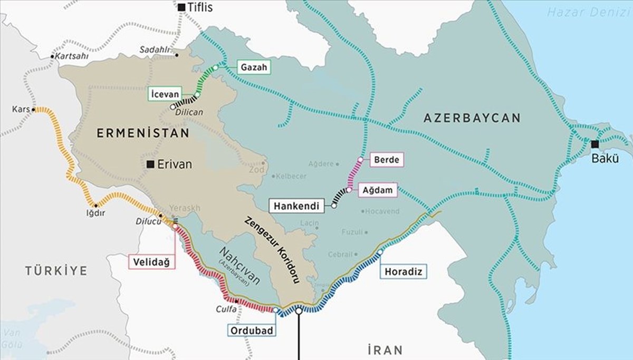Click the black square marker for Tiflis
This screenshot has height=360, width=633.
[181, 7]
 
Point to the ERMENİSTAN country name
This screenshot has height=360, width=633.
[143, 134]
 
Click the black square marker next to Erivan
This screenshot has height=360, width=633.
[151, 164]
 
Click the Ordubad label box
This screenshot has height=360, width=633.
[251, 330]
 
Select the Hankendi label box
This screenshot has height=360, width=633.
[296, 206]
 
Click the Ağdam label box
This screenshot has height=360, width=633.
[378, 190]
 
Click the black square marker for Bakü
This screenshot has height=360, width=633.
[595, 144]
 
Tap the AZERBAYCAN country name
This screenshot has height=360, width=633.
[472, 118]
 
